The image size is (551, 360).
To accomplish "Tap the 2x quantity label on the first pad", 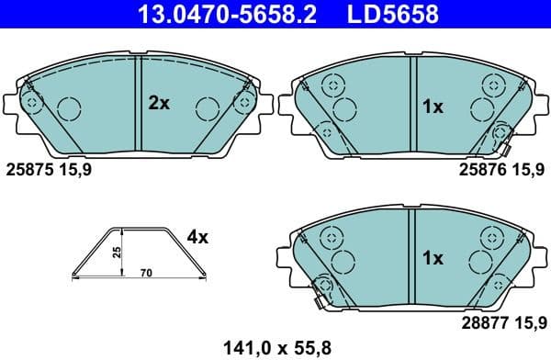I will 159,105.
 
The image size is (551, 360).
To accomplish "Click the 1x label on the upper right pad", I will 432,107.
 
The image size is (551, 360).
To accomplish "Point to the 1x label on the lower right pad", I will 432,258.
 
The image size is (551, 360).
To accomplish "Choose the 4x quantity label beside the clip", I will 197,237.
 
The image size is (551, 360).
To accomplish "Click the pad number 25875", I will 29,169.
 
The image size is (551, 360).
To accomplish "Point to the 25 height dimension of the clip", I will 118,251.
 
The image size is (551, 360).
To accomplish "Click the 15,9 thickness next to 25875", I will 75,169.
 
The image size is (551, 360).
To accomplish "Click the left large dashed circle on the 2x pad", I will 71,110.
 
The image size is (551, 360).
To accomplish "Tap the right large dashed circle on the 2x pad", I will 207,110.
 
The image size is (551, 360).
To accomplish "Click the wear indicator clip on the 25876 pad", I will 501,136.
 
